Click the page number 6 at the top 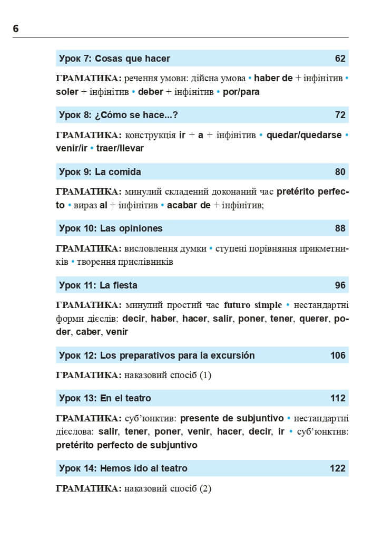point(16,28)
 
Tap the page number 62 point(340,59)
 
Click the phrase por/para point(241,92)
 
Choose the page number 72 point(340,115)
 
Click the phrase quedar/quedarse point(304,135)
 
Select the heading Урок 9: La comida point(100,172)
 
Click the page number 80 point(340,172)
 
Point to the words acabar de point(189,205)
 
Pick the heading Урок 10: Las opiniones point(111,228)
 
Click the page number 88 point(340,228)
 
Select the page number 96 point(340,285)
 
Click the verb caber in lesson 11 point(88,332)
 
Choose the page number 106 point(338,355)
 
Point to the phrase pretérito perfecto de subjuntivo point(126,445)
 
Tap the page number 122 point(338,468)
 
